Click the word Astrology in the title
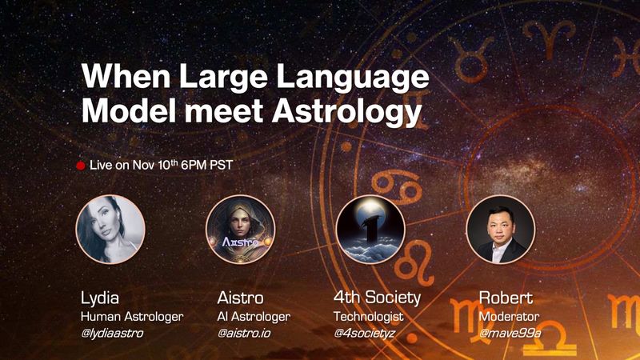(x=347, y=112)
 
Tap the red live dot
(x=81, y=166)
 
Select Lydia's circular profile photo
(x=110, y=230)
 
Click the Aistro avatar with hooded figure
(x=241, y=230)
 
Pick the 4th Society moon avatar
(x=370, y=230)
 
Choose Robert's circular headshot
(x=501, y=230)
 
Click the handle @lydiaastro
(x=112, y=333)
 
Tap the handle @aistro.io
(x=244, y=333)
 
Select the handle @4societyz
(x=365, y=333)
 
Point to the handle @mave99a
(x=510, y=333)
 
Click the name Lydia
(x=100, y=298)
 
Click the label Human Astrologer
(x=132, y=317)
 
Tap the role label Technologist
(x=369, y=317)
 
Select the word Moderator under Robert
(x=509, y=316)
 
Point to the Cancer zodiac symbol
(x=396, y=188)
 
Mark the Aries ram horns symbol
(x=550, y=38)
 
